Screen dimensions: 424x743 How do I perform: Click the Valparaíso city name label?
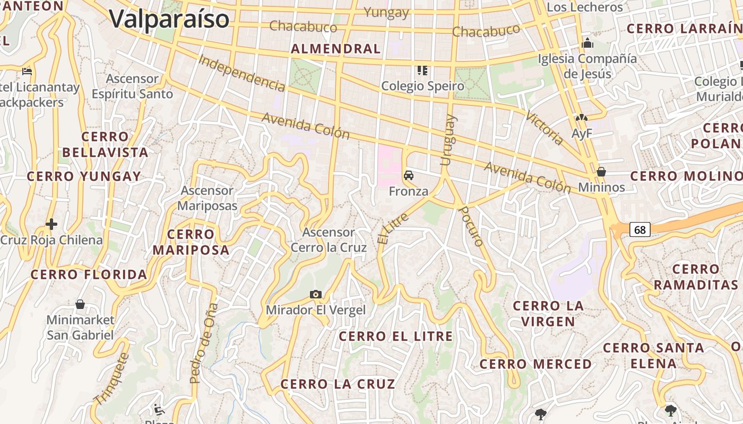pyautogui.click(x=169, y=19)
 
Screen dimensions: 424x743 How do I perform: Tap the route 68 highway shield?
pyautogui.click(x=640, y=229)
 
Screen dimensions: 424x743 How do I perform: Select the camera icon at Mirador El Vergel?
pyautogui.click(x=316, y=294)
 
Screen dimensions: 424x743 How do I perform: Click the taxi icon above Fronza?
pyautogui.click(x=409, y=175)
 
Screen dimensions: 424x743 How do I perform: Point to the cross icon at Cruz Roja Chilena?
pyautogui.click(x=51, y=224)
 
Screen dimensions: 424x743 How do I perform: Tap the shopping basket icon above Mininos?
pyautogui.click(x=601, y=172)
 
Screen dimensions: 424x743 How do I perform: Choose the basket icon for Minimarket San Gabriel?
pyautogui.click(x=80, y=304)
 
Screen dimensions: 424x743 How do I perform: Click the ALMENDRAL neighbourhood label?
pyautogui.click(x=336, y=49)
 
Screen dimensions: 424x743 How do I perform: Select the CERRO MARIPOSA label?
pyautogui.click(x=191, y=242)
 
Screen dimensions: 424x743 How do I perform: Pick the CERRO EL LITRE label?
pyautogui.click(x=396, y=336)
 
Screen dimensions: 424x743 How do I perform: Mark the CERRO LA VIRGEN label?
pyautogui.click(x=548, y=314)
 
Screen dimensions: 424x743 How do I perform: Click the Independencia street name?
pyautogui.click(x=241, y=72)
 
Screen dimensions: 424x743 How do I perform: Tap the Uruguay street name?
pyautogui.click(x=448, y=140)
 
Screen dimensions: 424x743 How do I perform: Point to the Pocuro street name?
pyautogui.click(x=471, y=226)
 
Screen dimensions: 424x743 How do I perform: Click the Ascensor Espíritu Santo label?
pyautogui.click(x=132, y=86)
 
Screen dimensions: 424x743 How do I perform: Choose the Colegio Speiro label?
pyautogui.click(x=422, y=86)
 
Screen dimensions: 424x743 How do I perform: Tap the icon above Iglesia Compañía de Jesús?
pyautogui.click(x=588, y=43)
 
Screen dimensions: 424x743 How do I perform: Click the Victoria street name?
pyautogui.click(x=545, y=128)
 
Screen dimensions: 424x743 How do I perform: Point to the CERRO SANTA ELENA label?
pyautogui.click(x=653, y=356)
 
